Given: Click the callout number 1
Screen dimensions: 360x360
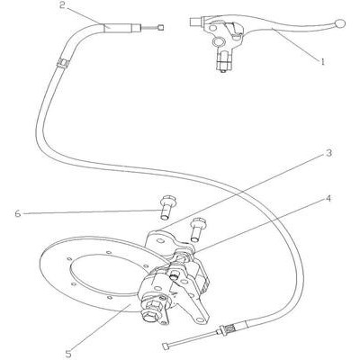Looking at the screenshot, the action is tap(323, 62).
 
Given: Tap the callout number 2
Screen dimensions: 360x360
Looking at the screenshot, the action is tap(62, 5).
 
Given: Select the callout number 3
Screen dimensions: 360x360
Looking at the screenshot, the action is tap(328, 153).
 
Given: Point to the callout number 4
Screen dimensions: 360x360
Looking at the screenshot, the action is tap(328, 198).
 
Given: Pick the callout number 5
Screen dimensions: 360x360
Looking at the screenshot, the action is tap(68, 354).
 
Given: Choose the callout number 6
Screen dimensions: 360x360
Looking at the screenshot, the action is tap(18, 214).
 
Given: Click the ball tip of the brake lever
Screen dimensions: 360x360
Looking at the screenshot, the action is tap(340, 23).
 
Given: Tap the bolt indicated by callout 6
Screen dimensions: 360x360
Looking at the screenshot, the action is tap(165, 207).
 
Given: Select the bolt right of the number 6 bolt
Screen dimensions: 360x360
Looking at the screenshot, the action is tap(195, 229).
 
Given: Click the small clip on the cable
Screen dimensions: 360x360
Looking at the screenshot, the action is tap(63, 63).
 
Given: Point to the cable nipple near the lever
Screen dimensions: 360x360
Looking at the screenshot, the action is tap(161, 28).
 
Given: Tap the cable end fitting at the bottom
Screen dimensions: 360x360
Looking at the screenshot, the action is tap(166, 346).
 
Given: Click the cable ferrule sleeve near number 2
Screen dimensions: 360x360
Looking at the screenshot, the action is tap(121, 28).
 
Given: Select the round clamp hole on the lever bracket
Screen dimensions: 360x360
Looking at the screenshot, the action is tap(218, 42).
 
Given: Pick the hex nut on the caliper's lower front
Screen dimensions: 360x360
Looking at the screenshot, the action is tap(153, 306).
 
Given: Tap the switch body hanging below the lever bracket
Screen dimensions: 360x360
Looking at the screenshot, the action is tap(222, 61).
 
